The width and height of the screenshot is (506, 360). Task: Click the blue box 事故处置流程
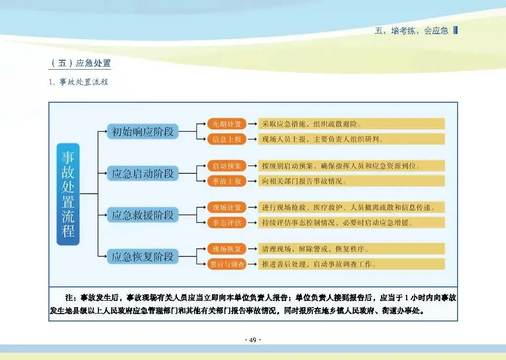pos(68,194)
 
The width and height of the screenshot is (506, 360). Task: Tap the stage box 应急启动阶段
pos(143,173)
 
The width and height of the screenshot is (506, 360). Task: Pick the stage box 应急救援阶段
pos(143,215)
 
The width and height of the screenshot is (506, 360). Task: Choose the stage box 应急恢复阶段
pos(143,256)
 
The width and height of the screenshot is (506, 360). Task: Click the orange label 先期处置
pos(227,124)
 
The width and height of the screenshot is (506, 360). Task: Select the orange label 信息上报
pos(227,139)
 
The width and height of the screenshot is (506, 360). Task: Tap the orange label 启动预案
pos(227,165)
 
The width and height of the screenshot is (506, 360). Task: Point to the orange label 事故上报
pos(227,181)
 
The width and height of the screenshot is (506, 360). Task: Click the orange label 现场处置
pos(227,207)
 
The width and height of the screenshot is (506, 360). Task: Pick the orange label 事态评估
pos(227,223)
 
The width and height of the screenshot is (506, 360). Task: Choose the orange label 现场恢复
pos(227,248)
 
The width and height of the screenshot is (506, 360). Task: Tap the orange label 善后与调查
pos(227,264)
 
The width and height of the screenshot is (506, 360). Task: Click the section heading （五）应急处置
pos(81,63)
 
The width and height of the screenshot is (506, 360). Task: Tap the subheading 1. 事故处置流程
pos(79,82)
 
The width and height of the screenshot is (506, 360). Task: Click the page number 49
pos(253,340)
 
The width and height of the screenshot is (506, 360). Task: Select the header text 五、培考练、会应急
pos(412,31)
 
